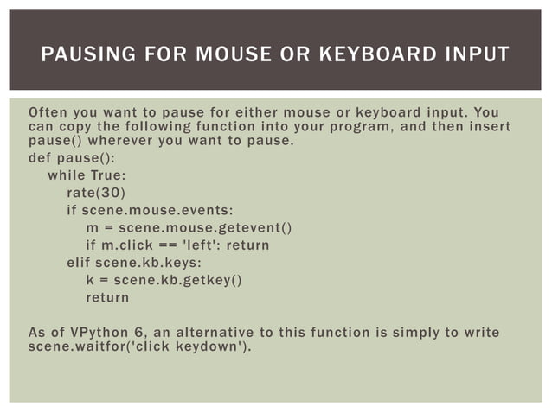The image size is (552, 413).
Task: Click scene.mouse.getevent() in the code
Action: click(205, 228)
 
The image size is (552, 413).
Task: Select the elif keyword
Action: click(80, 263)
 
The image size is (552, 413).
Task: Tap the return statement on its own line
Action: click(107, 297)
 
